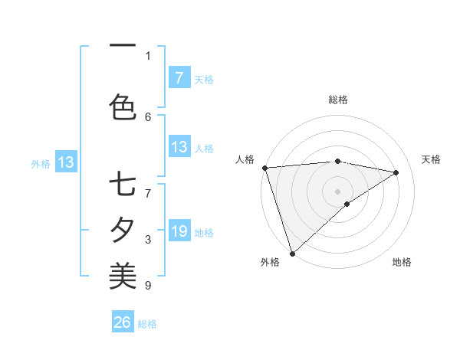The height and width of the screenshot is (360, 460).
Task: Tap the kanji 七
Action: pyautogui.click(x=123, y=185)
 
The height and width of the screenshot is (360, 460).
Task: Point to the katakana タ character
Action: pyautogui.click(x=123, y=229)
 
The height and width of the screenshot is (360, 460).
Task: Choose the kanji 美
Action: pyautogui.click(x=123, y=273)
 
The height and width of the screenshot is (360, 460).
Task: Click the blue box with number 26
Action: pyautogui.click(x=123, y=322)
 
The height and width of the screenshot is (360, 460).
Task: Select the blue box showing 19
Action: pyautogui.click(x=179, y=231)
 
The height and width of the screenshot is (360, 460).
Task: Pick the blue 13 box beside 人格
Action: pyautogui.click(x=179, y=147)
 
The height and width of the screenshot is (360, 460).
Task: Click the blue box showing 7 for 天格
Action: pyautogui.click(x=179, y=77)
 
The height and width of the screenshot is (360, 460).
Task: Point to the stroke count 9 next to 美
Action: pyautogui.click(x=148, y=286)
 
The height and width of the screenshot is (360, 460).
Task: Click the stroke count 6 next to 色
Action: pyautogui.click(x=148, y=116)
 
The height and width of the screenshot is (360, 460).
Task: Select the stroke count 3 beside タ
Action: pyautogui.click(x=148, y=240)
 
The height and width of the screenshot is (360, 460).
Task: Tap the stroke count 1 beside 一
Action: pyautogui.click(x=148, y=55)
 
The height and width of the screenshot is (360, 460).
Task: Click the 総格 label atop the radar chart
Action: pyautogui.click(x=338, y=100)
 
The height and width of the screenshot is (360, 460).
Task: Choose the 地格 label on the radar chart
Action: pyautogui.click(x=402, y=262)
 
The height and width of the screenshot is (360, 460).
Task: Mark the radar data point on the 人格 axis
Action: pyautogui.click(x=264, y=168)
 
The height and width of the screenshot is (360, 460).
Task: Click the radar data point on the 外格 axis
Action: pyautogui.click(x=292, y=253)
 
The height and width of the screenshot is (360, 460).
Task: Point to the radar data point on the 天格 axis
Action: pyautogui.click(x=396, y=172)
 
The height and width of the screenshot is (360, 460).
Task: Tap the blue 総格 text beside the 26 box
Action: pyautogui.click(x=147, y=324)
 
